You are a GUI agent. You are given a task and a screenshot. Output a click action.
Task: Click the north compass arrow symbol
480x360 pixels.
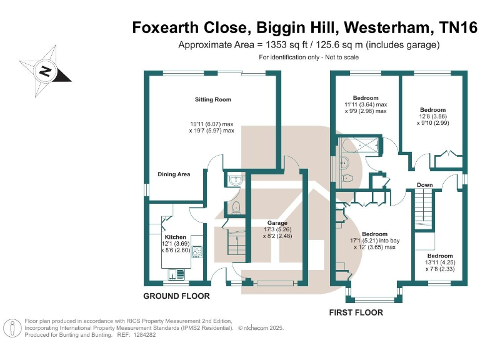(x=46, y=70)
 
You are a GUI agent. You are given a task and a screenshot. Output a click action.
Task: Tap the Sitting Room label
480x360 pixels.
(x=213, y=99)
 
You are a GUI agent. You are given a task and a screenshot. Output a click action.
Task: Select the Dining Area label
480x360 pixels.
(x=174, y=174)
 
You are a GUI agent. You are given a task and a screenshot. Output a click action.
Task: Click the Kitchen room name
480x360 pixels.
(x=175, y=237)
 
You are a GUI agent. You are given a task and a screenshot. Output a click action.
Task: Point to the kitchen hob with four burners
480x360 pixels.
(x=197, y=251)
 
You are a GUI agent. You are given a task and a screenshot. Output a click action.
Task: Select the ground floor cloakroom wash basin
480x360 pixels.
(x=234, y=181)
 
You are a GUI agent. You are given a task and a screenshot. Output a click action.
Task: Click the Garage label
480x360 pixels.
(x=277, y=223)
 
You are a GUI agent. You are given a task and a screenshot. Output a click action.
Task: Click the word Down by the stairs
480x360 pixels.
(x=424, y=185)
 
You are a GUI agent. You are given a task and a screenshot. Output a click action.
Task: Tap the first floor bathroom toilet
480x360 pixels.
(x=347, y=178)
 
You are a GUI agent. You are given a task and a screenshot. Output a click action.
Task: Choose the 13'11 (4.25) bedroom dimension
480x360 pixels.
(x=440, y=262)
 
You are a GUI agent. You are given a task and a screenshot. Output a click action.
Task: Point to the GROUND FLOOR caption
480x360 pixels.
(x=177, y=296)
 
